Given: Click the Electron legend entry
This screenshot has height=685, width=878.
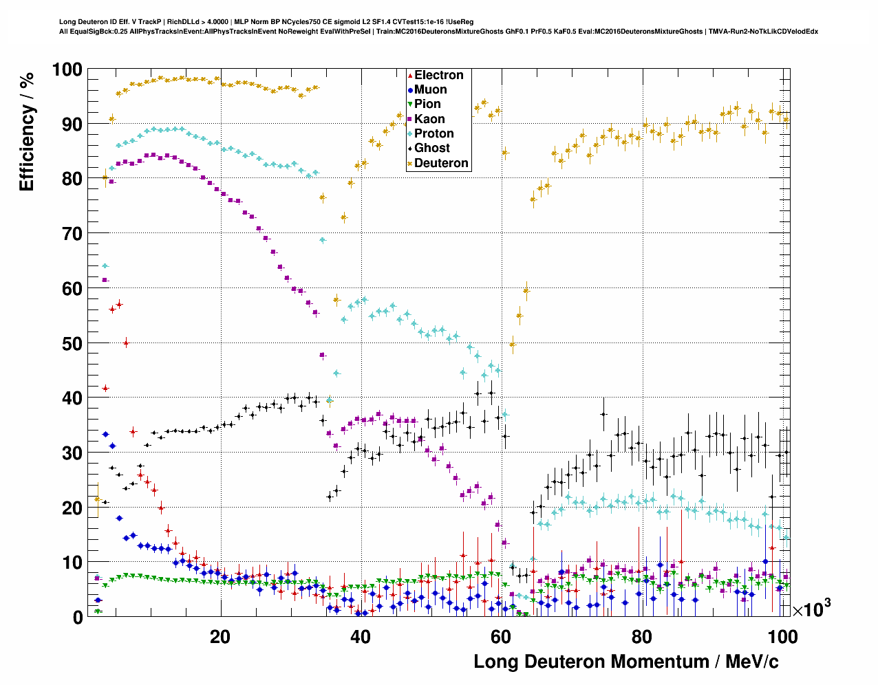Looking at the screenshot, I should pyautogui.click(x=438, y=75).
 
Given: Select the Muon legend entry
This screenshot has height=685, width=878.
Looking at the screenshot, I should pyautogui.click(x=430, y=89).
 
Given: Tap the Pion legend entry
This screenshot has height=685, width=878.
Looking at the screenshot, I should pyautogui.click(x=427, y=104).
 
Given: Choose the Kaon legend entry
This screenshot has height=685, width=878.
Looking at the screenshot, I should pyautogui.click(x=429, y=119).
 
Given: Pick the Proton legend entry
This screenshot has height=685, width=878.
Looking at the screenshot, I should pyautogui.click(x=433, y=133).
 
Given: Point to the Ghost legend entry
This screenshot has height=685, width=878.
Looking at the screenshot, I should pyautogui.click(x=431, y=148).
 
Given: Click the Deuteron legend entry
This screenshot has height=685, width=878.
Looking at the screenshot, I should pyautogui.click(x=441, y=163).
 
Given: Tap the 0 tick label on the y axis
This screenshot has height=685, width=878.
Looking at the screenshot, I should pyautogui.click(x=78, y=618).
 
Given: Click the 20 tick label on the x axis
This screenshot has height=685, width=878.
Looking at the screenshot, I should pyautogui.click(x=220, y=637).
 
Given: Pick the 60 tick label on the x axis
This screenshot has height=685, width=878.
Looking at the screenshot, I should pyautogui.click(x=501, y=637).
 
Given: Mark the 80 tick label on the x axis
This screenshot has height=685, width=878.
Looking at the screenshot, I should pyautogui.click(x=641, y=637).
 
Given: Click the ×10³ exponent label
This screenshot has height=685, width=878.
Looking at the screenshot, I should pyautogui.click(x=811, y=609).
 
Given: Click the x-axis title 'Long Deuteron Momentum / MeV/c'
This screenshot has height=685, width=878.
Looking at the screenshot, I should pyautogui.click(x=626, y=662).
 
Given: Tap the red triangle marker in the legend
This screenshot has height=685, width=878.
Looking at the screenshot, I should pyautogui.click(x=410, y=75).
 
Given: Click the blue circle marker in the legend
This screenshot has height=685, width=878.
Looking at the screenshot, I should pyautogui.click(x=410, y=89).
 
